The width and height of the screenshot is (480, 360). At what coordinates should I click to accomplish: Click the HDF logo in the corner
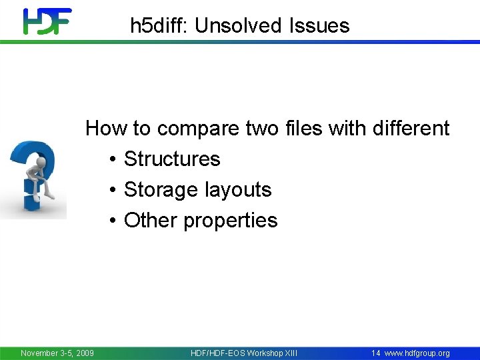(x=47, y=21)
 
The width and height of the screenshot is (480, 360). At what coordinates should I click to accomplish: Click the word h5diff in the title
(x=159, y=26)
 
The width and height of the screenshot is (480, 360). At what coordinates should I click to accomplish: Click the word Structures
(x=172, y=159)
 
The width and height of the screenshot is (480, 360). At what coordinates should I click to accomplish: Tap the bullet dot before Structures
(x=113, y=159)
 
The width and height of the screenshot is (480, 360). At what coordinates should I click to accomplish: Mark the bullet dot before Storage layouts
(x=113, y=190)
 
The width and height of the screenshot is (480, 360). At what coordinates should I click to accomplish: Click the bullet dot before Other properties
(x=113, y=221)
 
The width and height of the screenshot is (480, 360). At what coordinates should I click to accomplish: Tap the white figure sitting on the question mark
(x=38, y=169)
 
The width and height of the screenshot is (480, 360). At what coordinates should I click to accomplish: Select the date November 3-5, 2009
(x=57, y=353)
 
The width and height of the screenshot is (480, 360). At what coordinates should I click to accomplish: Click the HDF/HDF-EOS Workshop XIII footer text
(x=244, y=353)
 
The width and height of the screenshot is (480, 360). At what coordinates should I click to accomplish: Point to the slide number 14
(x=376, y=353)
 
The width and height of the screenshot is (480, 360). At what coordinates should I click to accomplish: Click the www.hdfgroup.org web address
(x=417, y=353)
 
